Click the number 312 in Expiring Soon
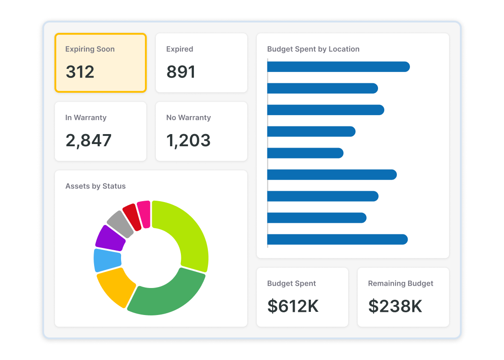coord(80,72)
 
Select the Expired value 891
coord(181,72)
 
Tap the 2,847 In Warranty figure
coord(89,140)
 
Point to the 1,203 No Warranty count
coord(189,140)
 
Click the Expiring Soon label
coord(90,49)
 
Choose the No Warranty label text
coord(189,117)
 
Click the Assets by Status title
coord(95,186)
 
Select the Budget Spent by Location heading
coord(313,49)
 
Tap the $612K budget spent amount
coord(293,306)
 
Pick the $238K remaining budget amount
coord(395,306)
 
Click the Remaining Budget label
coord(400,283)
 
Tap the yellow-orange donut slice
coord(115,286)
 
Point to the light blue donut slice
coord(107,260)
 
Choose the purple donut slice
coord(110,238)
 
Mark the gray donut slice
coord(121,223)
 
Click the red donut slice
coord(131,216)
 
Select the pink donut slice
coord(144,213)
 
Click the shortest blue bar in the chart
coord(305,153)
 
